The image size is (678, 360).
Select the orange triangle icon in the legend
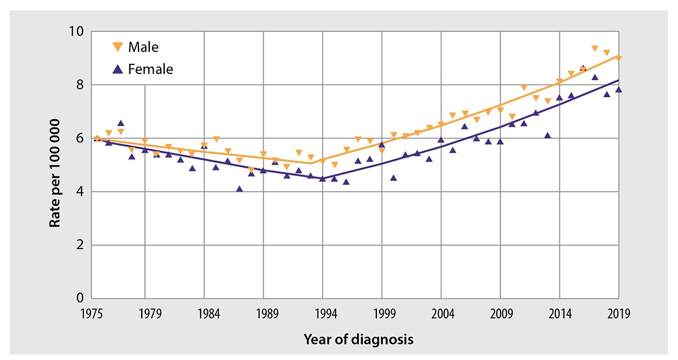click(118, 47)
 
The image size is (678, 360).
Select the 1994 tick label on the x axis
click(322, 313)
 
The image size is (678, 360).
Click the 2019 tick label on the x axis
click(618, 313)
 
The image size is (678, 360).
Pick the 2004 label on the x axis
click(441, 313)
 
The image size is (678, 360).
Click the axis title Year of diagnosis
click(358, 340)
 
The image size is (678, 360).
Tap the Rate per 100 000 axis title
click(55, 165)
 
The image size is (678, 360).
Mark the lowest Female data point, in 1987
click(240, 189)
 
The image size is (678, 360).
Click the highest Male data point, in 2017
click(595, 49)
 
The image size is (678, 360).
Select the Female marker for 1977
click(121, 123)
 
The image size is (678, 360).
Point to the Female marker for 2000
click(393, 177)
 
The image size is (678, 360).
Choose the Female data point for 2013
click(547, 135)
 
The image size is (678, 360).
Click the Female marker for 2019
click(619, 89)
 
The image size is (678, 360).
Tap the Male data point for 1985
click(216, 139)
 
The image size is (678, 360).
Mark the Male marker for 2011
click(524, 88)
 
